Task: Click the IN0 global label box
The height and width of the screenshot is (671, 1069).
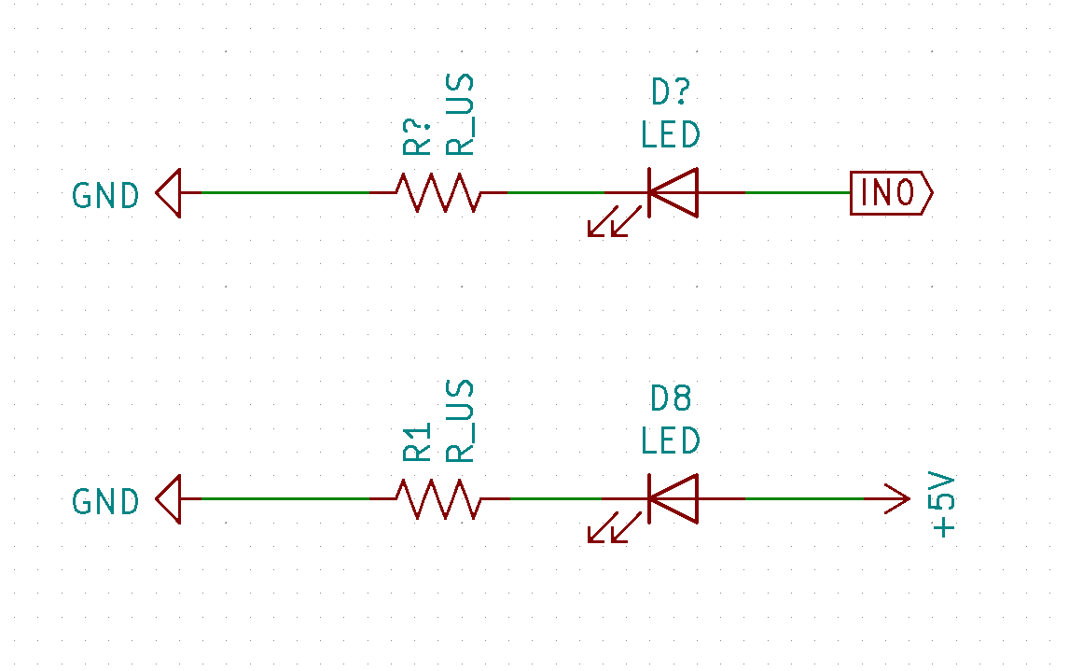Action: (890, 193)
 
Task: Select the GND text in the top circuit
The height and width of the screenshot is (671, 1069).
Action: (105, 196)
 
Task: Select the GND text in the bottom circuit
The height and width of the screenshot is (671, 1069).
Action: (105, 502)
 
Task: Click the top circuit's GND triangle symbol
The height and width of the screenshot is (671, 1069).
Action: (168, 193)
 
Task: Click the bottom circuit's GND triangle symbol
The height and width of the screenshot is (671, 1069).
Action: (168, 499)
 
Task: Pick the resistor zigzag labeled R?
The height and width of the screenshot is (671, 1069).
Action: (438, 193)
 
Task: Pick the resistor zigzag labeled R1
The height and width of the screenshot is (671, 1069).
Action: (438, 499)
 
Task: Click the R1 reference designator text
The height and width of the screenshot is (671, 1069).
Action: (417, 441)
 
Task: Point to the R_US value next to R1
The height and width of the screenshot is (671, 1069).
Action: (460, 421)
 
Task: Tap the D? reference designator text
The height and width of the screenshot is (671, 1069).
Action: (671, 93)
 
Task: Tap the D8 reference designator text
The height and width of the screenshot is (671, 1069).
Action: (671, 399)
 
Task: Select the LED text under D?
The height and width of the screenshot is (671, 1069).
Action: (671, 135)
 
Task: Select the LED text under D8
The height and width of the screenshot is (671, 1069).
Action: (671, 440)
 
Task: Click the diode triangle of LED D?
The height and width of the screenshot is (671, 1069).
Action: (673, 193)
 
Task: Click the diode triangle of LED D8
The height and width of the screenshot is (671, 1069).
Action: (673, 499)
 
